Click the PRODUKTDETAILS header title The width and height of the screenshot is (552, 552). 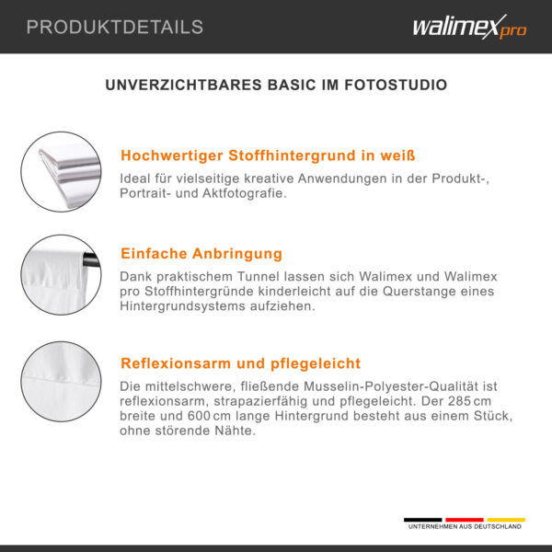coord(115,27)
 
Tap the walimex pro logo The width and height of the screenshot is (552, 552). coord(469,27)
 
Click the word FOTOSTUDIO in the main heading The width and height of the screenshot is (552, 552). coord(396,85)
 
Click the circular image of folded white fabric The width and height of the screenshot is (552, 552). coord(61,172)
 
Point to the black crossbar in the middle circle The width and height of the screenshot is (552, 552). coord(91,259)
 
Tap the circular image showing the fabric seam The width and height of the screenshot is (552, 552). coord(61,381)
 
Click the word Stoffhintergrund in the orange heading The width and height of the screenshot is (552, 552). coord(293,155)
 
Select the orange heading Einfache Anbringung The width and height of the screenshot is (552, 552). coord(201,254)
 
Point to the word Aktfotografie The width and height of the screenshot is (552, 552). coord(245,193)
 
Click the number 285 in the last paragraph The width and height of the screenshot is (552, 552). coord(459,401)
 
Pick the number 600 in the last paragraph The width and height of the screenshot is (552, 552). coord(199,416)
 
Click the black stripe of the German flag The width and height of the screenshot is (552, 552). coord(422,520)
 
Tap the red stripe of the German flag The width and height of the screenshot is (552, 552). coord(465,520)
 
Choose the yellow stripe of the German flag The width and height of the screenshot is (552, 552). coord(506,520)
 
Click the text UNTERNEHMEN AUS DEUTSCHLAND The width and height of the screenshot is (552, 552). coord(465,526)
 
